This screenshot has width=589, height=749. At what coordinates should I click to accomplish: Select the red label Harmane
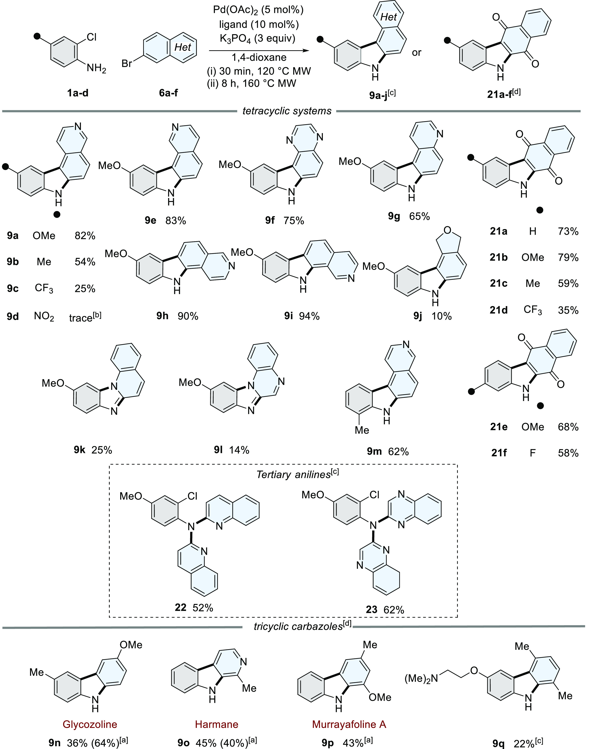click(216, 724)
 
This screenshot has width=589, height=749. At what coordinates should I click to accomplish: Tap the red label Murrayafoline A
click(349, 724)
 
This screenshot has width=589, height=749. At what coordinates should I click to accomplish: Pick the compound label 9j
click(418, 316)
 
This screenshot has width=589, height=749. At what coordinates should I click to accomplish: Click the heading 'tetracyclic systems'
click(287, 111)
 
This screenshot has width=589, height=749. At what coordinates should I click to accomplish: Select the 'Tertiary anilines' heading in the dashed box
click(294, 475)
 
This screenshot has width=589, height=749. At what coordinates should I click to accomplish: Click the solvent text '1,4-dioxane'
click(259, 57)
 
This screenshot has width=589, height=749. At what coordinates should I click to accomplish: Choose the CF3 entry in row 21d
click(532, 310)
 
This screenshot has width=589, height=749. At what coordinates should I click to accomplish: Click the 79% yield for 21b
click(568, 257)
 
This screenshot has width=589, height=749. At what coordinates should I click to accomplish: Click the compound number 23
click(371, 610)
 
